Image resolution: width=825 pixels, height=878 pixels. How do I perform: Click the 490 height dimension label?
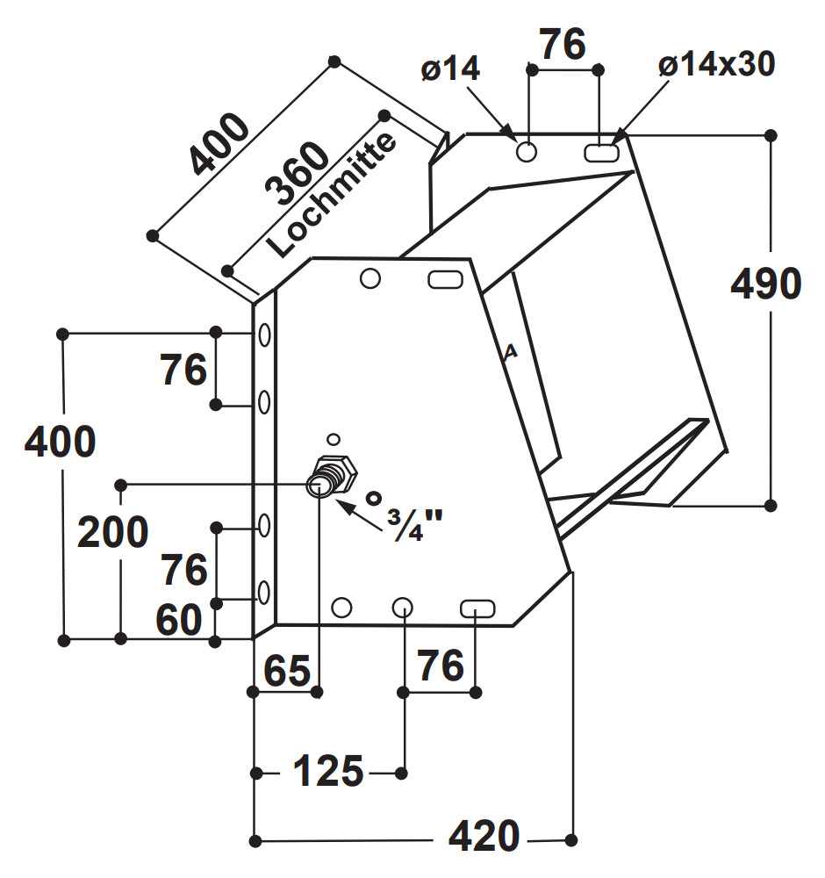(x=766, y=284)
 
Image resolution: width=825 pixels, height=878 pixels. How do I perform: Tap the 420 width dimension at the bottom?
(x=484, y=837)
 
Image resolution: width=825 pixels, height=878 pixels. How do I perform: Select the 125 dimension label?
(x=327, y=772)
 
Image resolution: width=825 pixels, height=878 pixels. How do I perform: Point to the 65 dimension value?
(x=287, y=672)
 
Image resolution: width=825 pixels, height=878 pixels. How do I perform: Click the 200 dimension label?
(x=113, y=533)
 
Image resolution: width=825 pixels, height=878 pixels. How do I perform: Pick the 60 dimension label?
(x=179, y=622)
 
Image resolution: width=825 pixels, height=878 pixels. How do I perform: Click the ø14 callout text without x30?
(x=450, y=68)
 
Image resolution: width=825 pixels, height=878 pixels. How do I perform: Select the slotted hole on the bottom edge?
(x=478, y=608)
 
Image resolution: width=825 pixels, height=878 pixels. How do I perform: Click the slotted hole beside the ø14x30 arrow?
(x=600, y=152)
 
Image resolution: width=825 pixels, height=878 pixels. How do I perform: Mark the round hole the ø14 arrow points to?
(x=527, y=151)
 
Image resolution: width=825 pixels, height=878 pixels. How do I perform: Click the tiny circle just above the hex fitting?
(x=333, y=438)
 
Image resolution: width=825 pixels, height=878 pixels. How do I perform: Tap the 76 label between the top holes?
(x=562, y=44)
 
